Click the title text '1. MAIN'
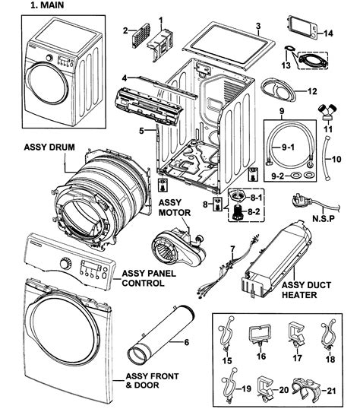coord(47,5)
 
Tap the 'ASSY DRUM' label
coord(49,147)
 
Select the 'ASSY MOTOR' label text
coord(175,208)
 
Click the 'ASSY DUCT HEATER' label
coord(306,290)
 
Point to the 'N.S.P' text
coord(324,218)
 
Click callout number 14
coord(328,33)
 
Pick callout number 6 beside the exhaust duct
coord(186,342)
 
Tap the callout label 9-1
coord(288,147)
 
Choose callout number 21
coord(331,391)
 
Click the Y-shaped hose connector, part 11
coord(327,112)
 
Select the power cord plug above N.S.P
coord(302,201)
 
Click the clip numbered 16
coord(260,334)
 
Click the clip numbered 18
coord(328,335)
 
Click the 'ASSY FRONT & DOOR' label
coord(152,381)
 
